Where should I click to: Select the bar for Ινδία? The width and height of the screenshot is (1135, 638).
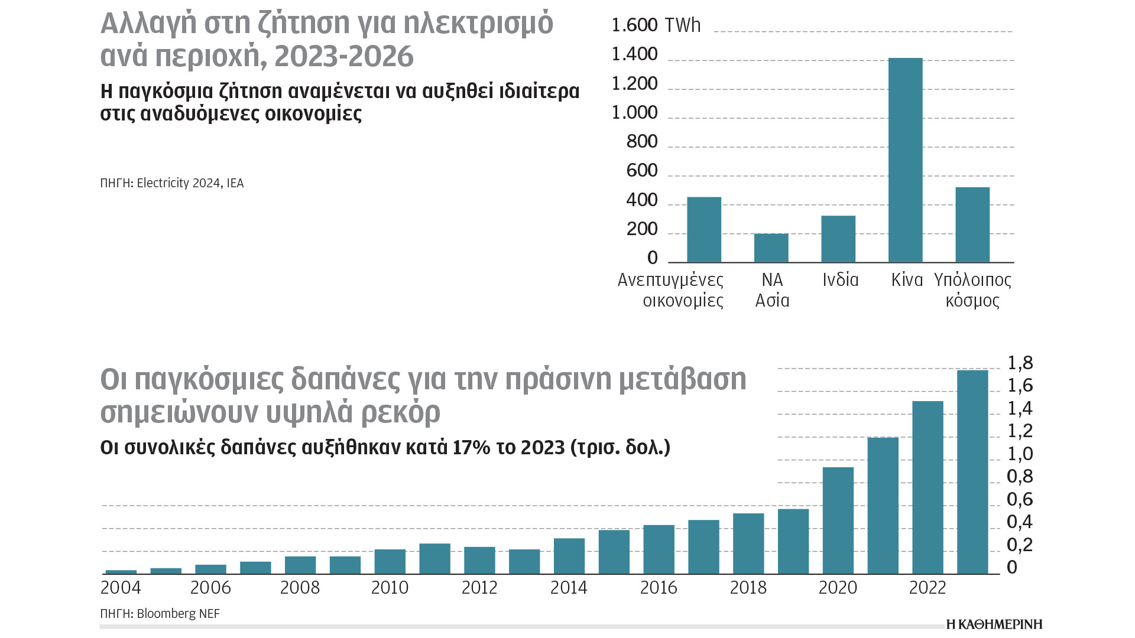pos(838,239)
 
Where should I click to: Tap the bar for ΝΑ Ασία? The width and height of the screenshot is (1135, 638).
pos(771,248)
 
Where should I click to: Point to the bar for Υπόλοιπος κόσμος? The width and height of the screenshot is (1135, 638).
pos(972,224)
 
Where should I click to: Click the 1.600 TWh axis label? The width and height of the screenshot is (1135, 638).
pos(656,25)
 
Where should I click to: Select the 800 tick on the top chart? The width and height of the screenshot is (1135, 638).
pos(642,142)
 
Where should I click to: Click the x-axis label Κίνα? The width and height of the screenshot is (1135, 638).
pos(907,279)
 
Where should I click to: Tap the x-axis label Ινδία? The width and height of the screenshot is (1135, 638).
pos(840,279)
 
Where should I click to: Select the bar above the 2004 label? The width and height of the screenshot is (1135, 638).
pos(121,571)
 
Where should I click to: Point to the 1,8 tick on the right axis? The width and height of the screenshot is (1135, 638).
pos(1020,363)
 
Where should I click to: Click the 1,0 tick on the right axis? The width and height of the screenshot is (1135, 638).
pos(1020,454)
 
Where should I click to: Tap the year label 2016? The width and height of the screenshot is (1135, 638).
pos(659,588)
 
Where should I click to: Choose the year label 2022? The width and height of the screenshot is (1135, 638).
pos(928,588)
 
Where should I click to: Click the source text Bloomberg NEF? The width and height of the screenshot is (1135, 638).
pos(178,614)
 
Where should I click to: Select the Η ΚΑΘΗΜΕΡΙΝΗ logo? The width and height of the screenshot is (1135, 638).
pos(994,624)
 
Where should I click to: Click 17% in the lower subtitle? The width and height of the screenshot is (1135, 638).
pos(471,447)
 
